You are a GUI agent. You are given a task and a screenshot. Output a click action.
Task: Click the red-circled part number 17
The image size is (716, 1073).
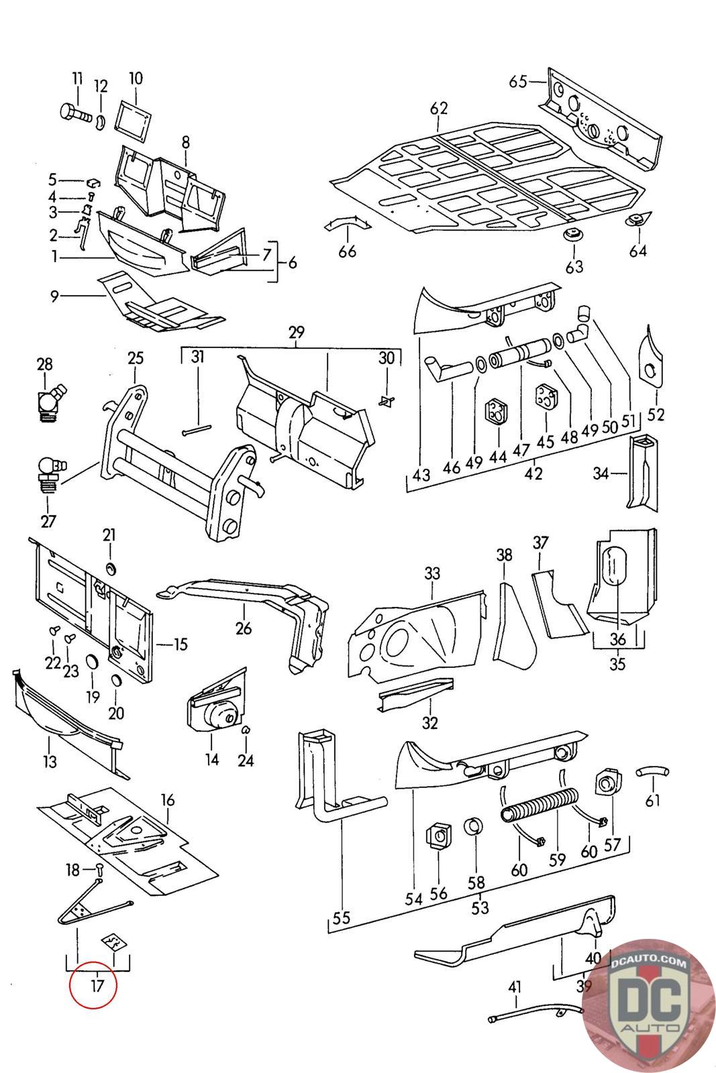click(93, 986)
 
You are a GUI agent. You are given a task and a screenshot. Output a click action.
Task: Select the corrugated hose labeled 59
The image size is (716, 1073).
click(538, 805)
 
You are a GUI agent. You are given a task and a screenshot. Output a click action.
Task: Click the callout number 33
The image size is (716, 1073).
click(432, 573)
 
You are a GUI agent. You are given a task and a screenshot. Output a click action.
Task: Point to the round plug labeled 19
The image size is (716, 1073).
click(92, 664)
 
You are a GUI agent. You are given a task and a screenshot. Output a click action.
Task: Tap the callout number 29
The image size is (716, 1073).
click(296, 332)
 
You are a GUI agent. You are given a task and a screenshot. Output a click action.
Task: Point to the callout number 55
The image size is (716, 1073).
click(342, 917)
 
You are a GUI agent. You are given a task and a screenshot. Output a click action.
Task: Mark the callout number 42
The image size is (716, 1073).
click(533, 473)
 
